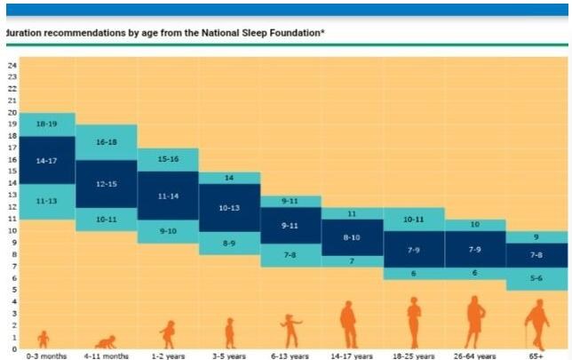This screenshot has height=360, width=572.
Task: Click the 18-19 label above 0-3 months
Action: tap(46, 124)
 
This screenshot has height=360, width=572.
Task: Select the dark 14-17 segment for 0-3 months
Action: tap(46, 161)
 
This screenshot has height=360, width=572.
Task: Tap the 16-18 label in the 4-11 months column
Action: tap(107, 141)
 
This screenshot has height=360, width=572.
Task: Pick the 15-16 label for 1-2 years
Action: tap(168, 159)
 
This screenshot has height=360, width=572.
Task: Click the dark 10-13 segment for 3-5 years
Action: tap(229, 208)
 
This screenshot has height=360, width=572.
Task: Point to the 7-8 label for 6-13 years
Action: tap(290, 255)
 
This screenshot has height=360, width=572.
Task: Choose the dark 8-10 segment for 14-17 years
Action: tap(352, 237)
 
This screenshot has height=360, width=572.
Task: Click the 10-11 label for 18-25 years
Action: tap(413, 219)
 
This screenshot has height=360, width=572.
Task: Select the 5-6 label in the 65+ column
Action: tap(536, 278)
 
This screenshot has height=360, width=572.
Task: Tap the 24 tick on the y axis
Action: tap(12, 65)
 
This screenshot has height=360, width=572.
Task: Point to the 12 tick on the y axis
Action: tap(12, 206)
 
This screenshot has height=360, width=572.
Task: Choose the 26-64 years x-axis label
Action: tap(474, 356)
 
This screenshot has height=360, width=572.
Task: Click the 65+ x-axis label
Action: tap(536, 356)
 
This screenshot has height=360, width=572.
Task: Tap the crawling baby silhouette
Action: tap(107, 341)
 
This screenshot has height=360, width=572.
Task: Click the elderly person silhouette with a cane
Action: tap(536, 324)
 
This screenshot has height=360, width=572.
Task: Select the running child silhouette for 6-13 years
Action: tap(290, 331)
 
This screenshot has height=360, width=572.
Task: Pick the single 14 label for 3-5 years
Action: tap(229, 178)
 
